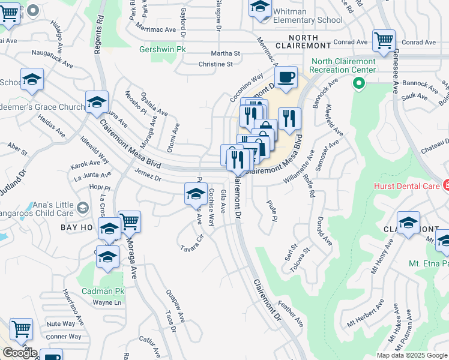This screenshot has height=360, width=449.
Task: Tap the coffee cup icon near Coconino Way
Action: [286, 77]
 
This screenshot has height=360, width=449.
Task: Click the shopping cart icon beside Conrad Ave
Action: [384, 41]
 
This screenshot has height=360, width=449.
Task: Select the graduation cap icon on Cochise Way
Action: [196, 194]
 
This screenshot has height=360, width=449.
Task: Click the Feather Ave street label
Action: [291, 315]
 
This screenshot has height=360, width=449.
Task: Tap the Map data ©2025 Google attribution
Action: [411, 355]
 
